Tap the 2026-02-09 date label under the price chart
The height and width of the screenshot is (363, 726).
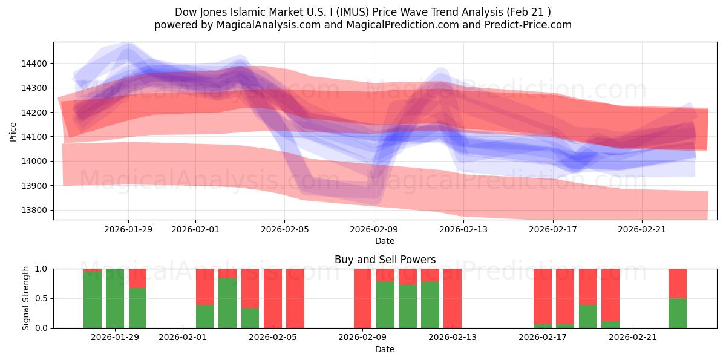coord(374,229)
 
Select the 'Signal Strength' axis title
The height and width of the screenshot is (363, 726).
coord(26,298)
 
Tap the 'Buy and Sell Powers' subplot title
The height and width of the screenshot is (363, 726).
coord(385,260)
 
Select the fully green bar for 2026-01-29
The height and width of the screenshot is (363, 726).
coord(115,298)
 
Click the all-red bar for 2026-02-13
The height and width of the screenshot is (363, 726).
coord(453,298)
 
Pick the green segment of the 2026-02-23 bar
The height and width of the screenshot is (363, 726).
coord(677,313)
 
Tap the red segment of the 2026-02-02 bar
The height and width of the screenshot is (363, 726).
coord(205,286)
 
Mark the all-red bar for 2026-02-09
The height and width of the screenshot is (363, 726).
coord(362,298)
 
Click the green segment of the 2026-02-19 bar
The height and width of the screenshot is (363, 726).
coord(587,316)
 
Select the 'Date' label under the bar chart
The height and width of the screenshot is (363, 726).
coord(385,349)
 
